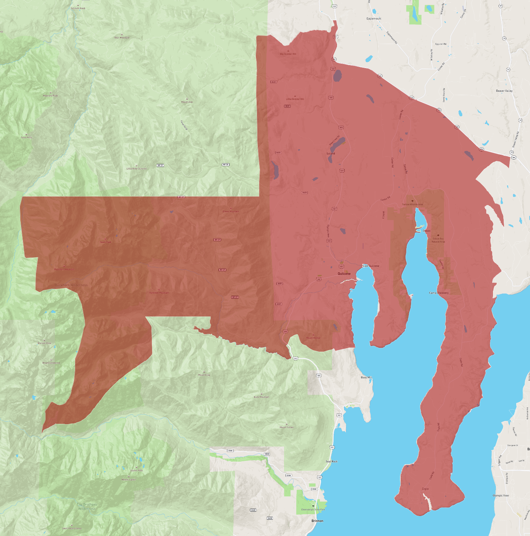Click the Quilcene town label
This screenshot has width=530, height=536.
(x=344, y=274)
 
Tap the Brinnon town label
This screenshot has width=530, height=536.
(x=317, y=521)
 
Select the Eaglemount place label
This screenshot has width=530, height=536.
(x=374, y=19)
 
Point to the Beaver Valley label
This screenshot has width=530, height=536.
(x=504, y=91)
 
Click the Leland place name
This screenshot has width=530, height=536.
(x=331, y=153)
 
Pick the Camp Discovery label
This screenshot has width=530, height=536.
(x=439, y=293)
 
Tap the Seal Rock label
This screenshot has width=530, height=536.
(x=331, y=461)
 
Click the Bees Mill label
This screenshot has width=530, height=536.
(x=366, y=378)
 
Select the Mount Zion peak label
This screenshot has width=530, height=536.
(x=187, y=102)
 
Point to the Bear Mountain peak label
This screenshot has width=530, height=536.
(x=122, y=38)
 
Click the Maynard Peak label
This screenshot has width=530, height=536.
(x=50, y=96)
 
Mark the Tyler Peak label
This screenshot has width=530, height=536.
(x=26, y=137)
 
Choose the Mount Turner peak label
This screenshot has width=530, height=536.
(x=286, y=427)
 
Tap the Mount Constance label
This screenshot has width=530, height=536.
(x=51, y=363)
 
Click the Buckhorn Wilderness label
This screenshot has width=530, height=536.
(x=71, y=285)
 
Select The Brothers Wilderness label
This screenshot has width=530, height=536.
(x=87, y=506)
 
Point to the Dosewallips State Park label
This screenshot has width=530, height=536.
(x=313, y=510)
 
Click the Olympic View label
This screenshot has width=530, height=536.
(x=501, y=495)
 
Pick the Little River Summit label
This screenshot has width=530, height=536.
(x=136, y=168)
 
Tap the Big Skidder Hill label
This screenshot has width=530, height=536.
(x=288, y=54)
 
